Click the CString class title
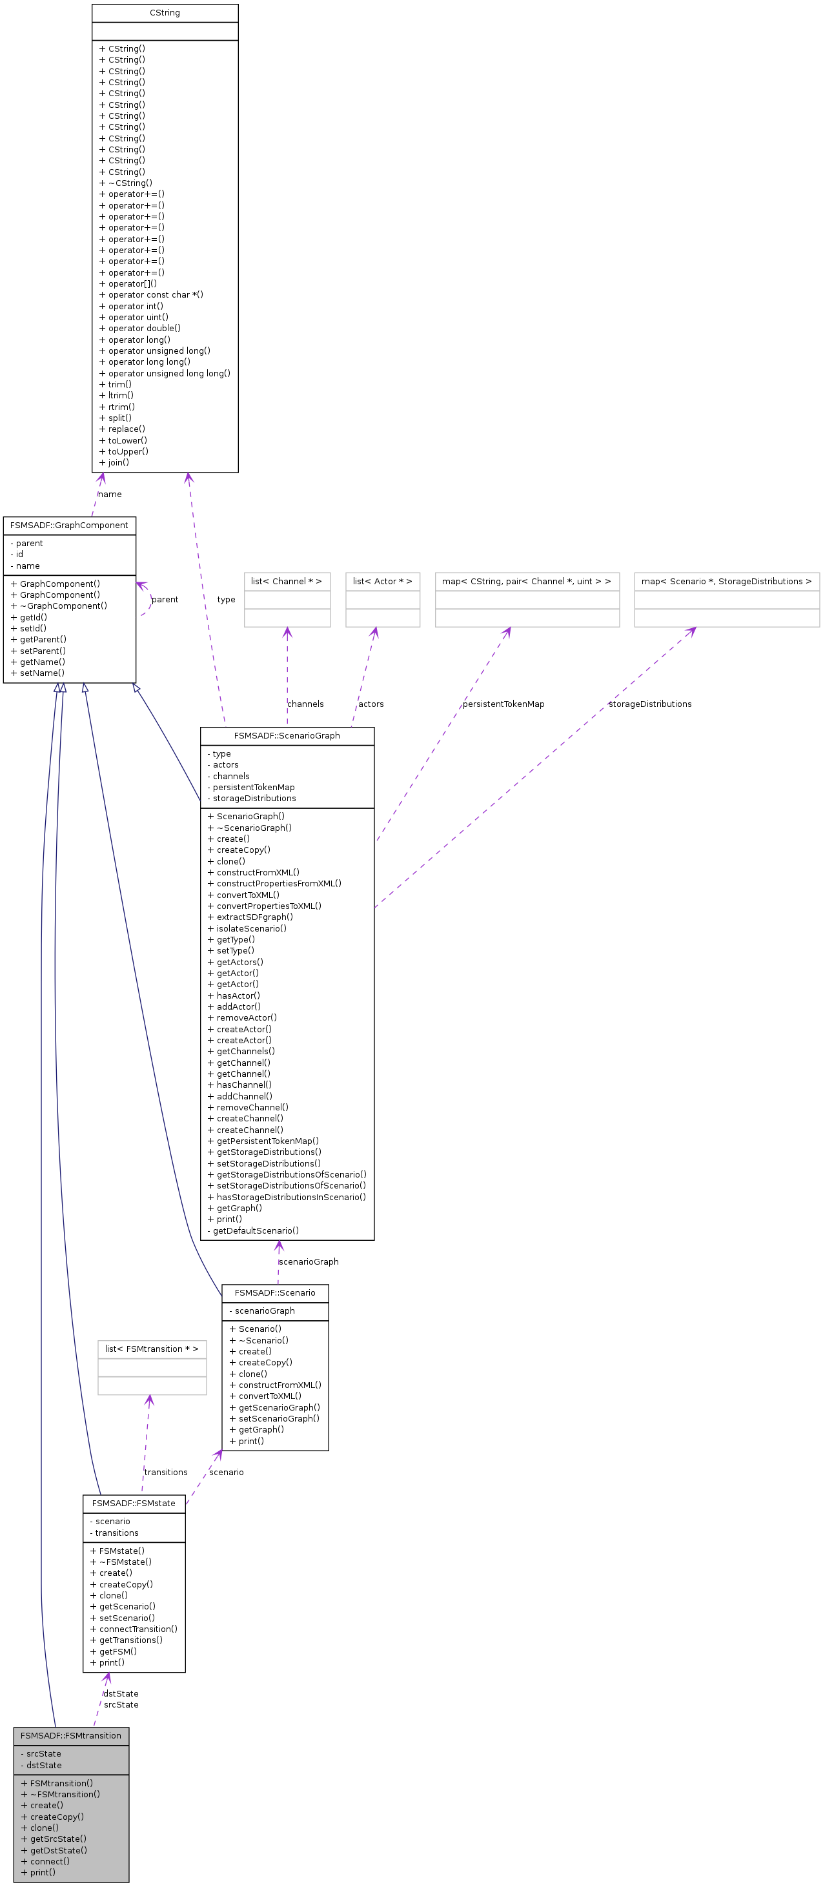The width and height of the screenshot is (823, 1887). tap(165, 13)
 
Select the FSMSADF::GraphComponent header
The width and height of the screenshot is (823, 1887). tap(69, 525)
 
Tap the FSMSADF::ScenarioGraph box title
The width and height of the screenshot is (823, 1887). tap(287, 735)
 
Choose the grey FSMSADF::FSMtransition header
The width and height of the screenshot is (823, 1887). tap(71, 1735)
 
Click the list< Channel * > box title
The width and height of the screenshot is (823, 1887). tap(287, 581)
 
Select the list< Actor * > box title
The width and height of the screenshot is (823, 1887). tap(382, 581)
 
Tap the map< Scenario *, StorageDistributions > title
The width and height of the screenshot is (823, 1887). tap(726, 581)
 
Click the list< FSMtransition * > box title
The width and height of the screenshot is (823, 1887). tap(152, 1349)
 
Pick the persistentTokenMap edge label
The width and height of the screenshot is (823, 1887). tap(503, 704)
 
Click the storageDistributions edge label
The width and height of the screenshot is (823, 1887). tap(649, 704)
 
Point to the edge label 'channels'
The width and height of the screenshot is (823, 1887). tap(305, 704)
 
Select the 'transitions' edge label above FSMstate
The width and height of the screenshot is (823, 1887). tap(165, 1473)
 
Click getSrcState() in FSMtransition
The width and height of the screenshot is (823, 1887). tap(58, 1839)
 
